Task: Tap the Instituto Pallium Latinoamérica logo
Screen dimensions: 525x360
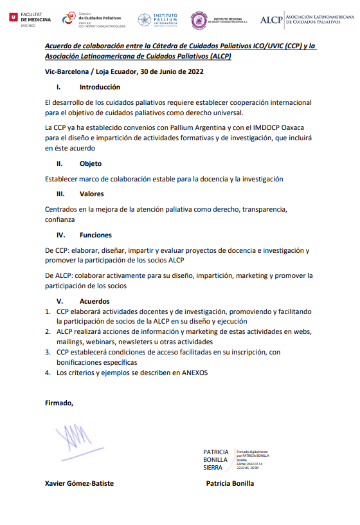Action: point(160,20)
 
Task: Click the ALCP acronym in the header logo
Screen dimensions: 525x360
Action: point(270,21)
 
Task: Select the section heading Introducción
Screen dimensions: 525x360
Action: point(100,87)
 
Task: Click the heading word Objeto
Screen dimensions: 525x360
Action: point(91,163)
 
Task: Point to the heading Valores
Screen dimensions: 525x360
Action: point(92,194)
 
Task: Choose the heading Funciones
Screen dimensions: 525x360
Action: point(95,235)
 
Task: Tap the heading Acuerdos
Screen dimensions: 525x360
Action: point(94,301)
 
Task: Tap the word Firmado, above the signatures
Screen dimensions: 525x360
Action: point(59,403)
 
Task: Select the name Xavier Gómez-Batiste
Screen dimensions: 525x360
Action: point(79,483)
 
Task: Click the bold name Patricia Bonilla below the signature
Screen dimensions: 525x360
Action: point(230,483)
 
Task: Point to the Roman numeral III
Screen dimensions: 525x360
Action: point(60,194)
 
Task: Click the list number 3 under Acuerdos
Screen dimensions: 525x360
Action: point(48,352)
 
